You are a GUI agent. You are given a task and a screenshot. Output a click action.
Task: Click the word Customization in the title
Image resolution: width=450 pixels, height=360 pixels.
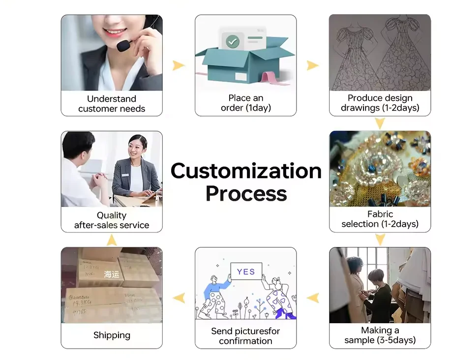pos(246,171)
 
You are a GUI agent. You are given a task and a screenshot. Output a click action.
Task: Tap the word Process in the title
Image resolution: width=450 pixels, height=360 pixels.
pos(246,193)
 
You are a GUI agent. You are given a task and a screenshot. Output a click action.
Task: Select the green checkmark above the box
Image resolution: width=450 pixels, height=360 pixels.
pos(233,41)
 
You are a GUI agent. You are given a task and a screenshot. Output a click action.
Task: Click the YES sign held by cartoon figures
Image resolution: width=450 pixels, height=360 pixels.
pos(246,271)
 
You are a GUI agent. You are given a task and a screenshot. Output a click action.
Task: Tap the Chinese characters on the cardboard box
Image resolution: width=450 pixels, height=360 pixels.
pos(112,274)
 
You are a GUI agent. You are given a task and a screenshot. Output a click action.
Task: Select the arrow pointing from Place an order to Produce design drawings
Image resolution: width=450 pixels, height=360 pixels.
pos(313,65)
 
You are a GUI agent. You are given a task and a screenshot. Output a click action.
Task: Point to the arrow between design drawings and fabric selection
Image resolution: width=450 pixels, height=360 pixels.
pos(380,123)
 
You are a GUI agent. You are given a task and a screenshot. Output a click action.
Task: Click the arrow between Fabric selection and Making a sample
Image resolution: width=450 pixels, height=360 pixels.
pos(380,240)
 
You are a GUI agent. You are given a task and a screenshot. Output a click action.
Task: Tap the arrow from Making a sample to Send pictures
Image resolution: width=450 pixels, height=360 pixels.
pos(313,297)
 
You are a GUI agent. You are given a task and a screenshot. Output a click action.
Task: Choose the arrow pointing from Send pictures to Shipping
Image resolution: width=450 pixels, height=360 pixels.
pos(179,297)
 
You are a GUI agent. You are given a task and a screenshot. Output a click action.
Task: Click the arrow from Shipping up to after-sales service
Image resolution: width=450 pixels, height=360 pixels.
pos(112,240)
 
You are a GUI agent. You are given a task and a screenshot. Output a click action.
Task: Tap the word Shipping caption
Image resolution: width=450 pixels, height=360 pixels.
pos(112,335)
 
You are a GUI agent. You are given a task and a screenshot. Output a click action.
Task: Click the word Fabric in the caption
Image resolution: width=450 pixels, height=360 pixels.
pos(380,214)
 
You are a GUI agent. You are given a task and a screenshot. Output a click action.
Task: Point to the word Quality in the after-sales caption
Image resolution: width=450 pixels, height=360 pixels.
pos(112,215)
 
